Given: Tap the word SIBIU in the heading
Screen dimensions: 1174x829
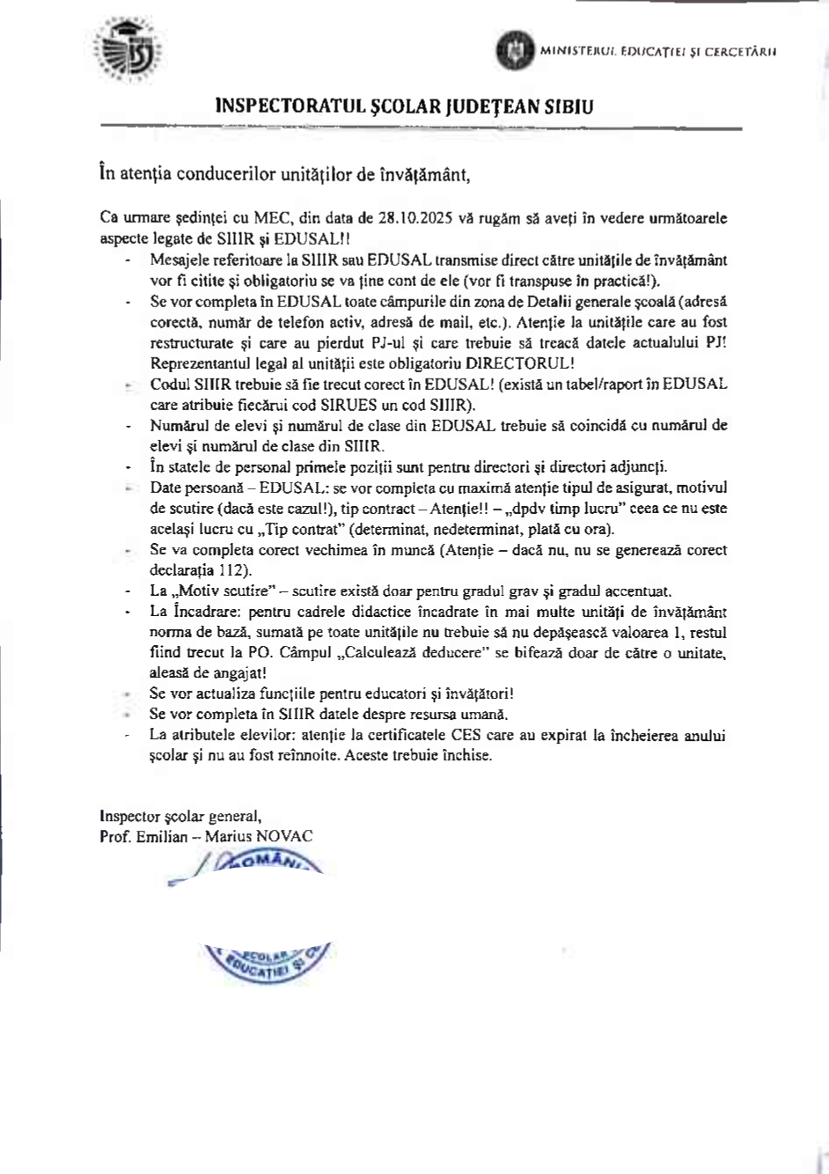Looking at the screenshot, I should click(x=566, y=107).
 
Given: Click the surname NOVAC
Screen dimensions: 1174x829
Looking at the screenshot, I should click(x=283, y=836).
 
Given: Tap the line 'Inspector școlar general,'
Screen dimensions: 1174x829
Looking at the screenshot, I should click(x=180, y=816).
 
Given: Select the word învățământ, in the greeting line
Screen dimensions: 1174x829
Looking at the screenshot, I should click(x=429, y=174).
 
